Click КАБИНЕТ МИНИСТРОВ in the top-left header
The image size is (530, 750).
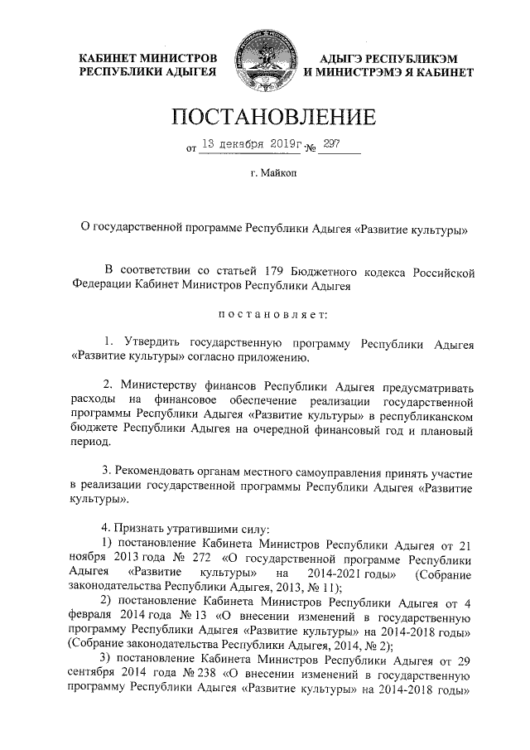click(148, 59)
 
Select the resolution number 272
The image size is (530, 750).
click(199, 559)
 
